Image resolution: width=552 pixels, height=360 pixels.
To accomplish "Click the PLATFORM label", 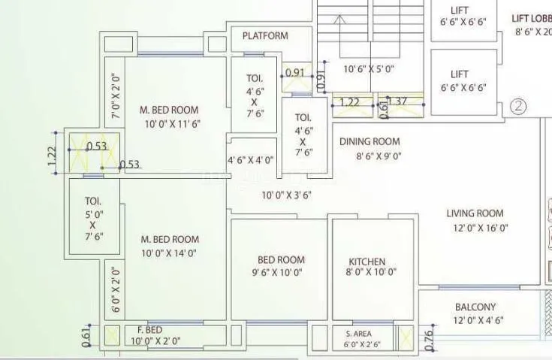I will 264,36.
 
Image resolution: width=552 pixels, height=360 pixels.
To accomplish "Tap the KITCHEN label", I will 366,262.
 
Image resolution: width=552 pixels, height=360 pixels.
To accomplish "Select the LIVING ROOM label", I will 475,213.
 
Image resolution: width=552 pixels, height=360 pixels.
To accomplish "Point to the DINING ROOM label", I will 370,141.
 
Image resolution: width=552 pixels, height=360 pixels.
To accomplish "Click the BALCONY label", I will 475,307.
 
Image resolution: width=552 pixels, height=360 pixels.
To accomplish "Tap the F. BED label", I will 149,330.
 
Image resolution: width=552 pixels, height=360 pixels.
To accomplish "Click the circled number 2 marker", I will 518,106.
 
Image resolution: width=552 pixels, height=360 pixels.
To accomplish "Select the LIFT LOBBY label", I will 531,19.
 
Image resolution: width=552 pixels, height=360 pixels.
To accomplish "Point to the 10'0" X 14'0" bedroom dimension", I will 170,253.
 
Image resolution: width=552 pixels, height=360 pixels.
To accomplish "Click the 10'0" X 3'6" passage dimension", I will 286,195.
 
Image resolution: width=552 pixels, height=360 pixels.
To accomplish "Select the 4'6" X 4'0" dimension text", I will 251,160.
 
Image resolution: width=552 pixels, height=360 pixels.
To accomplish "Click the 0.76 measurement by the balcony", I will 428,340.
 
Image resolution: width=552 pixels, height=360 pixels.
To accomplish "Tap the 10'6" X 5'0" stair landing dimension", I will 369,69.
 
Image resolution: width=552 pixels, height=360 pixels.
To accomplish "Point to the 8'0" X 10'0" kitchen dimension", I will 371,273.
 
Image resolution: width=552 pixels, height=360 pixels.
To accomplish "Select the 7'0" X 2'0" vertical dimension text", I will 115,96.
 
